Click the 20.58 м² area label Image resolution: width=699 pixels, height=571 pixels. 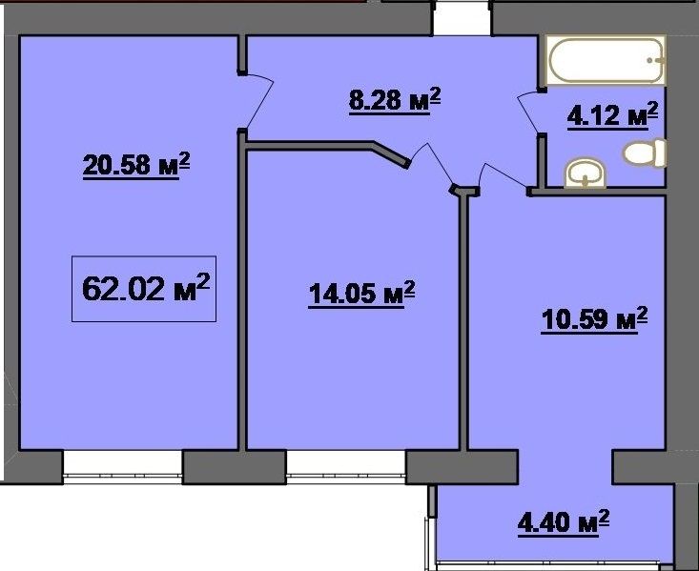(136, 165)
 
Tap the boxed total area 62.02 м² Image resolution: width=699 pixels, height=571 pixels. (144, 289)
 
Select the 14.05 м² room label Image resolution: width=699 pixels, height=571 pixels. (361, 294)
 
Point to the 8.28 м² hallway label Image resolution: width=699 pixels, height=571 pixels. (395, 101)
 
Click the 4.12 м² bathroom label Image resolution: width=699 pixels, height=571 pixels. (612, 115)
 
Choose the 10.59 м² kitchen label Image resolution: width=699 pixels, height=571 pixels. (594, 319)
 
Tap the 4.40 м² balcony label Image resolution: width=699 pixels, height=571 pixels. (564, 521)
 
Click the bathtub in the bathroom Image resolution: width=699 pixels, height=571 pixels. (606, 60)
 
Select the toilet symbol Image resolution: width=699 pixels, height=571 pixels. (645, 153)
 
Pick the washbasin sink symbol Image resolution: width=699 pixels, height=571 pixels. (586, 174)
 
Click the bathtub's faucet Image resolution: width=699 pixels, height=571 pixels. (656, 60)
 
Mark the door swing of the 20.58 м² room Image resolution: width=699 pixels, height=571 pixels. (259, 101)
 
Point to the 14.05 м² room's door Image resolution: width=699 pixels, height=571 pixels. (429, 163)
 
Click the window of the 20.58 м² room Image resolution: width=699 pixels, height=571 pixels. (123, 467)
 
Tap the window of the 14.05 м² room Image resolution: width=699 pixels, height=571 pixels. (346, 467)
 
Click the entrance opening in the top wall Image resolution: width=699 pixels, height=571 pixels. (462, 18)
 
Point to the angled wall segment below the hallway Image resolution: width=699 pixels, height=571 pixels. (391, 154)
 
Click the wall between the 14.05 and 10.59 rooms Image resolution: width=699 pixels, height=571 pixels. (463, 321)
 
